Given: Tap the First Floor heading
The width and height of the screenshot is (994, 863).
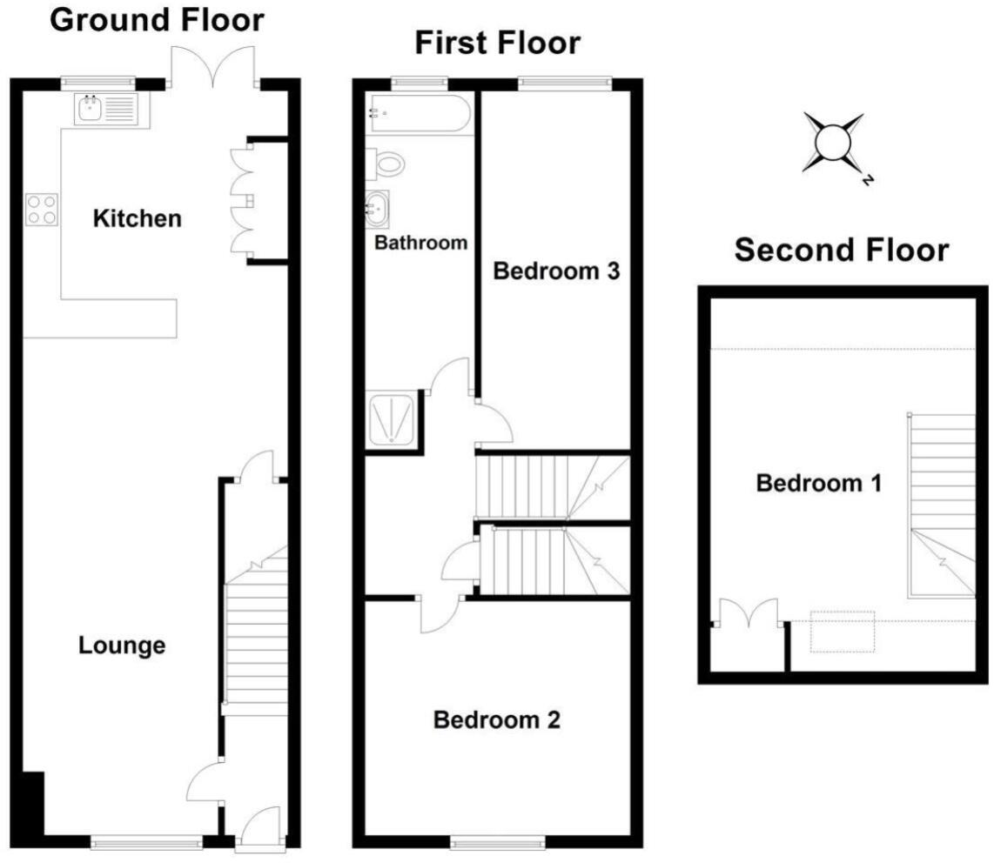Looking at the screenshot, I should tap(497, 42).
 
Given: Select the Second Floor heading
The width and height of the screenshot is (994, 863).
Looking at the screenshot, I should tap(842, 251).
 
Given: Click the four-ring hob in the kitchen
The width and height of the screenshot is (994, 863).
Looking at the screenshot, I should tap(42, 209).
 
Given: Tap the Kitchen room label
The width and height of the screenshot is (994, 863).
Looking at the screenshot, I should tap(138, 218).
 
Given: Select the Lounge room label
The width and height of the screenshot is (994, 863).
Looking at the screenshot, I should tap(122, 646).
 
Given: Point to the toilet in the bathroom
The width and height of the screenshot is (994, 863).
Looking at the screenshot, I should tap(386, 163).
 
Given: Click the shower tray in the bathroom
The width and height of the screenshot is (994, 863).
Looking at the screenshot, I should tap(393, 419).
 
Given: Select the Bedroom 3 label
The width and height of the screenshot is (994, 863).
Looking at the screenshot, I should tap(555, 271).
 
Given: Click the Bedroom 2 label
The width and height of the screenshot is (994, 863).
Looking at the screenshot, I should tap(496, 720).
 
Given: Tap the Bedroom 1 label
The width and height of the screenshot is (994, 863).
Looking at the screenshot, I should tap(818, 483).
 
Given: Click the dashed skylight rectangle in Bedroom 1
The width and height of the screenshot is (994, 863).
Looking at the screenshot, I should tap(842, 632).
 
